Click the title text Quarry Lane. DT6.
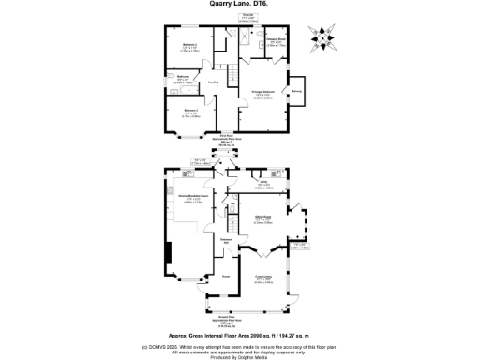239,5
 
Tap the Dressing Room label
277,41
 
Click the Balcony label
296,91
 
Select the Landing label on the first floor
213,82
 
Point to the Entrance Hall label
226,241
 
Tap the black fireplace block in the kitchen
170,252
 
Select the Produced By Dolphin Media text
239,356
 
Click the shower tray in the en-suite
247,35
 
